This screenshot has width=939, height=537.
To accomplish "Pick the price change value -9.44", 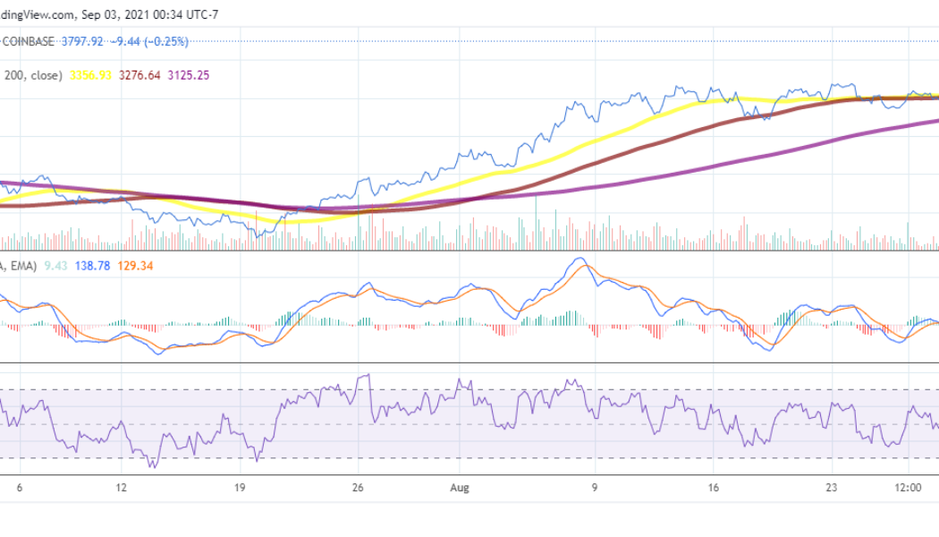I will (130, 41).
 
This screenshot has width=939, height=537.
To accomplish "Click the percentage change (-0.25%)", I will (170, 41).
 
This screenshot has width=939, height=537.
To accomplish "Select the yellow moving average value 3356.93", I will (91, 75).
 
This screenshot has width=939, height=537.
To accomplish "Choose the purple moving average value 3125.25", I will (191, 75).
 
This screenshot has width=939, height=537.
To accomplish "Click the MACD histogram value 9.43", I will (56, 266).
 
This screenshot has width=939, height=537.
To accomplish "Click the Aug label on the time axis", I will (459, 489).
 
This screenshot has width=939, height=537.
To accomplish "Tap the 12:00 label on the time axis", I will (909, 489).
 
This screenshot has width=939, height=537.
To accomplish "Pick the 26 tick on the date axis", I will (359, 489).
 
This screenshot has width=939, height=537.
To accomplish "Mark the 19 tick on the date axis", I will (240, 489).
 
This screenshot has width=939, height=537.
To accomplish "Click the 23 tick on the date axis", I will (832, 489).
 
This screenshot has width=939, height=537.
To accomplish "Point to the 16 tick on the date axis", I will (713, 489).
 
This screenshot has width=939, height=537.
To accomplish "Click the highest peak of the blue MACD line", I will (579, 259).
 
